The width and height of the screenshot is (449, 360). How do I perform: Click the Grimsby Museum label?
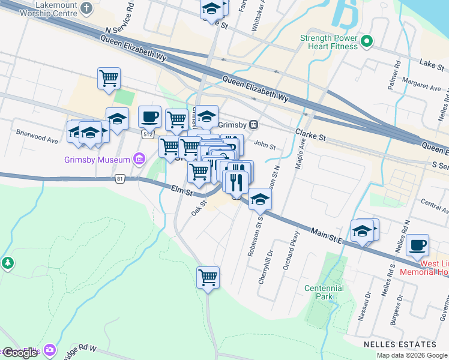point(97,160)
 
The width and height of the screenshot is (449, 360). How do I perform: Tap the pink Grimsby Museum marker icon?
point(140,159)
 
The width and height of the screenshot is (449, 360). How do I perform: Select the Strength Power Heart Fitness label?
point(329,41)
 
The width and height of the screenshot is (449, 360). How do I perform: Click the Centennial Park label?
point(324,292)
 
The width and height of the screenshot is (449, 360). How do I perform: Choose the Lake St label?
point(431,62)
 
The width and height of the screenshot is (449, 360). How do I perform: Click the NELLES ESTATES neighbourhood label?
point(400,344)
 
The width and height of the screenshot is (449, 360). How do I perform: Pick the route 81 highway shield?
point(120,179)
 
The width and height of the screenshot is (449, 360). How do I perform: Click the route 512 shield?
point(148,134)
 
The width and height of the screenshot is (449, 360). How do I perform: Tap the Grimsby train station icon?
point(254,125)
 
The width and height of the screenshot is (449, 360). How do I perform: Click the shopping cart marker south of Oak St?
point(208,278)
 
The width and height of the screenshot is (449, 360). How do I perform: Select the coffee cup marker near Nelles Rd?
point(417,245)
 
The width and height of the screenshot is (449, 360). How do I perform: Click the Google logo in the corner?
point(20,353)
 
